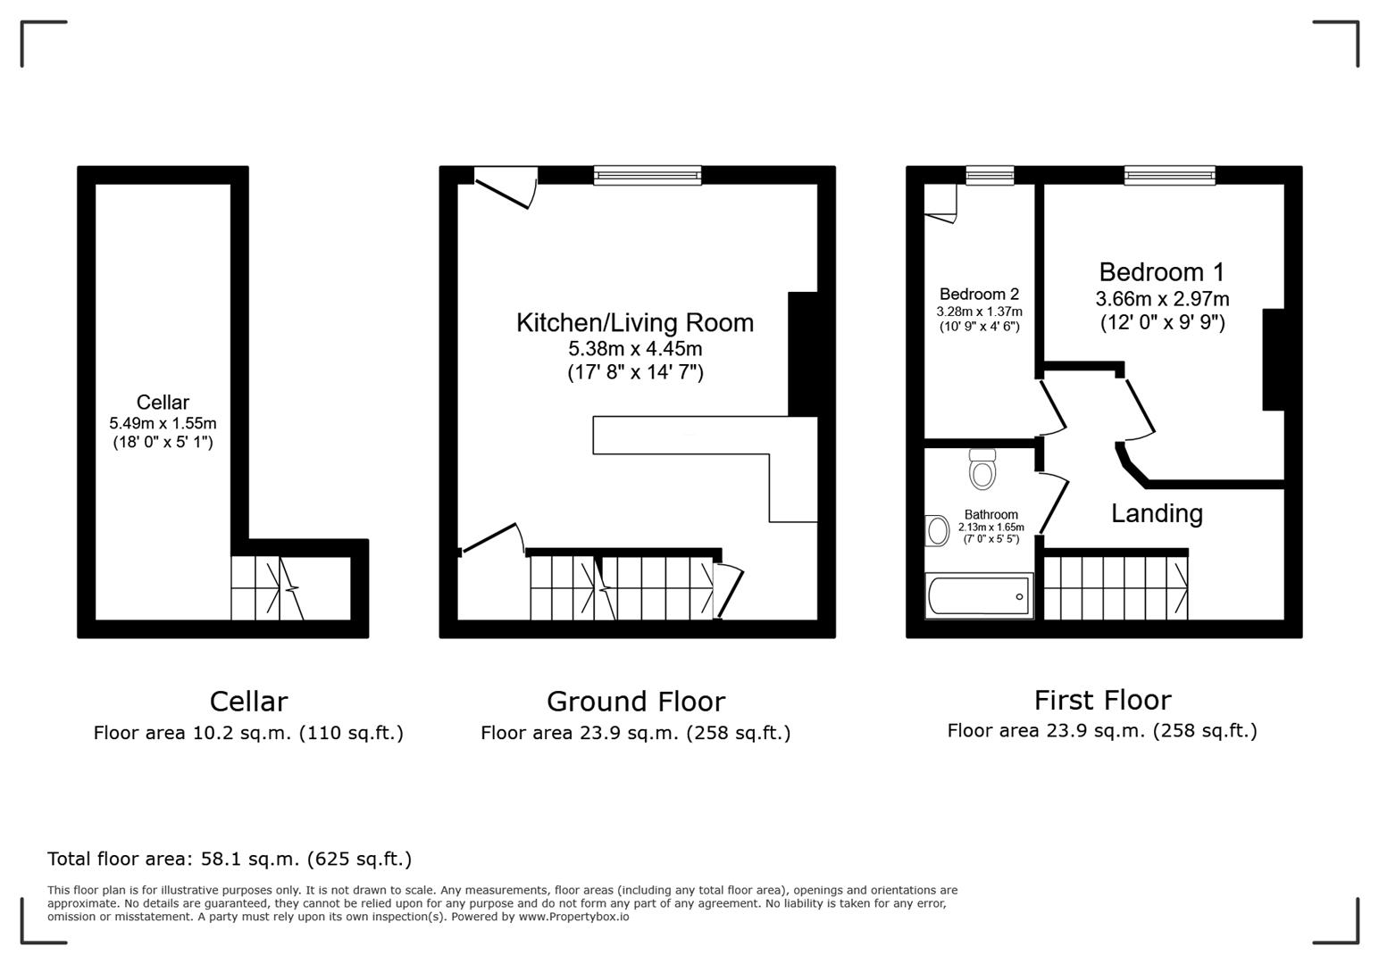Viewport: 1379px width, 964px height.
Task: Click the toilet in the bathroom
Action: [x=982, y=470]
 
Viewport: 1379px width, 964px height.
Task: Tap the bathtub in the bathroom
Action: [x=979, y=595]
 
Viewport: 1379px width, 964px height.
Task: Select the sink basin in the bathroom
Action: [x=937, y=530]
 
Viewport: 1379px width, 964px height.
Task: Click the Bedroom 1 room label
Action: [x=1161, y=272]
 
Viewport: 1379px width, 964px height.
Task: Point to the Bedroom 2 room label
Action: [x=979, y=295]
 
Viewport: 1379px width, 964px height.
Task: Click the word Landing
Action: [x=1157, y=513]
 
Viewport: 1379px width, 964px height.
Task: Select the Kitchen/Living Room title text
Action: [x=634, y=323]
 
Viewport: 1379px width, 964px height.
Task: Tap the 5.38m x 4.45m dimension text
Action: [x=635, y=349]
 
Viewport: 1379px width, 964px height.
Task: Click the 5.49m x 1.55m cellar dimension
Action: [x=163, y=423]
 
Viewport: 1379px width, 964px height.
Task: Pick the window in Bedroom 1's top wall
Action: [x=1169, y=175]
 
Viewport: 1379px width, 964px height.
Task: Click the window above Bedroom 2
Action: [x=990, y=175]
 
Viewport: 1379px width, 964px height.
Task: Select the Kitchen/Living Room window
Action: [x=648, y=175]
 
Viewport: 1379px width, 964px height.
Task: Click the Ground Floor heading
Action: [x=635, y=702]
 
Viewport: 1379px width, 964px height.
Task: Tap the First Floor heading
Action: [x=1102, y=700]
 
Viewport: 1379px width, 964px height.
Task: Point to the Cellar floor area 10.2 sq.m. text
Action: [x=248, y=733]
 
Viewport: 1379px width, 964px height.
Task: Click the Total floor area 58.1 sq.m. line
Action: [x=230, y=859]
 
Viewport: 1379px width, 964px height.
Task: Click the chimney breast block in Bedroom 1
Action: [x=1273, y=360]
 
